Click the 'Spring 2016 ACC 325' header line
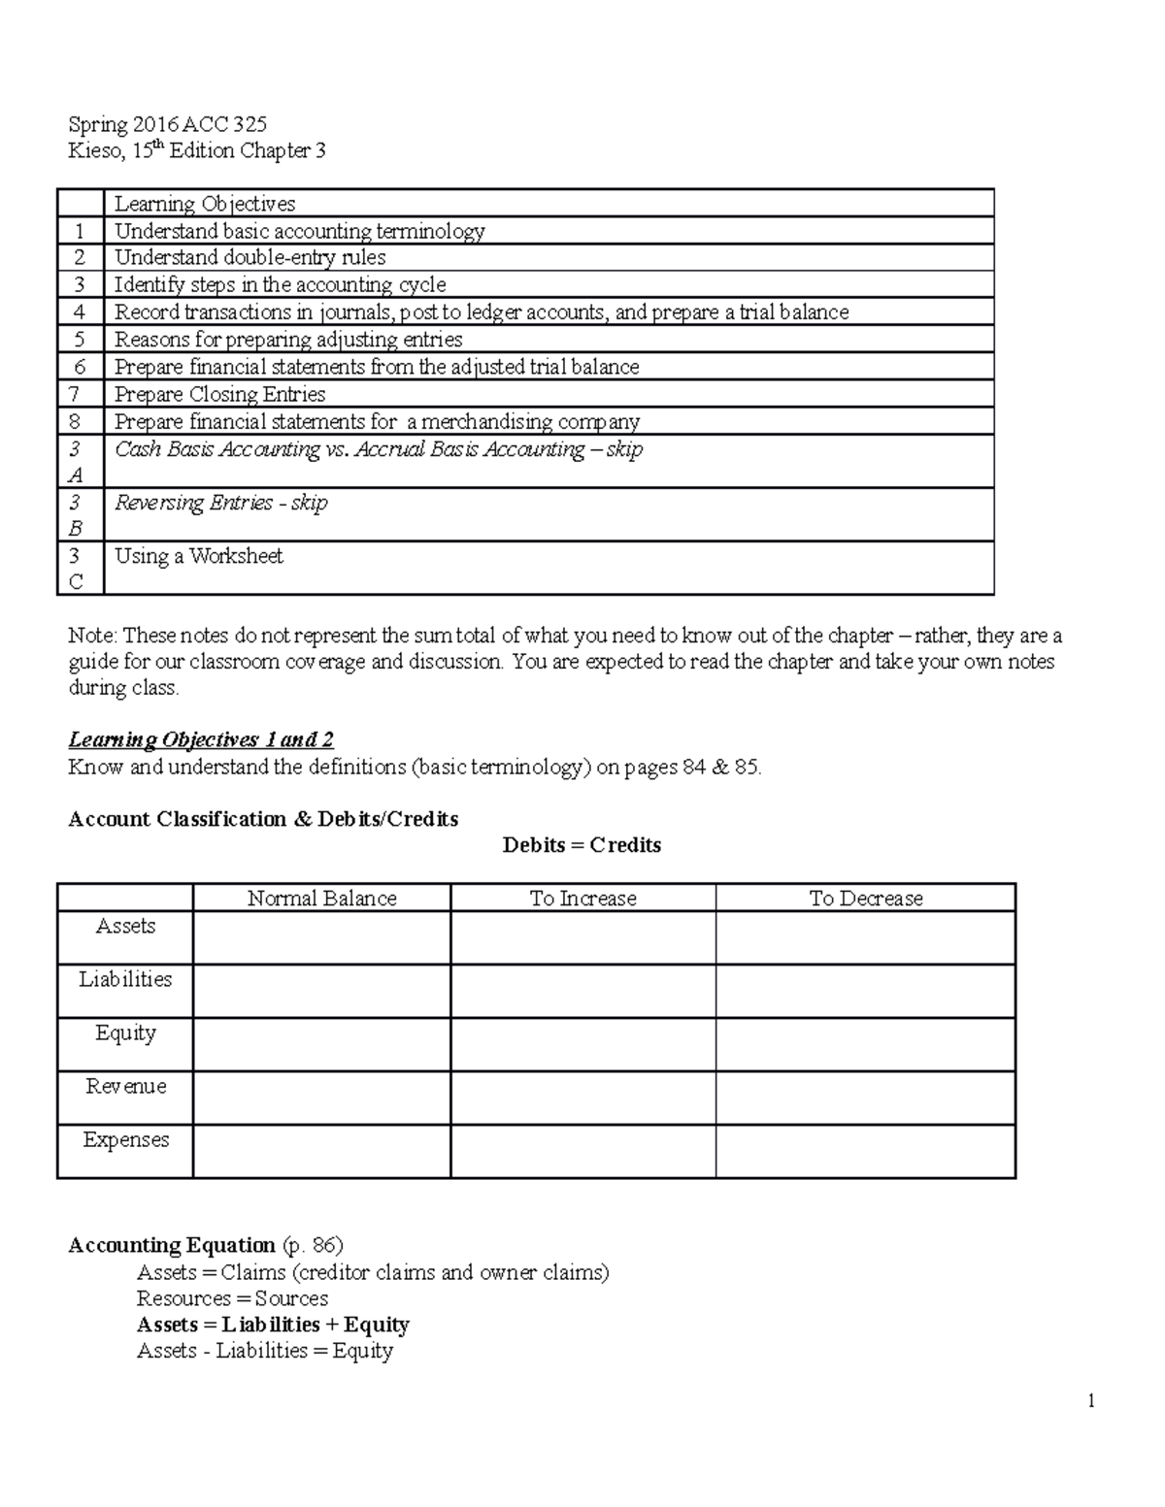pos(167,124)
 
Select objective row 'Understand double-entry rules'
pos(250,257)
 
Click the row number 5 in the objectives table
pos(80,340)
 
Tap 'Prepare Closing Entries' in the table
pos(219,394)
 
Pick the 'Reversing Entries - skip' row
pos(220,503)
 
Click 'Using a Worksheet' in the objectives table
pos(199,556)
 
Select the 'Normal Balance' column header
pos(321,899)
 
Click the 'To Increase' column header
pos(582,899)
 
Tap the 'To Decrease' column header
pos(865,899)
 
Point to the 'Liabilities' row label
pos(125,979)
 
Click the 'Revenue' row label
pos(125,1086)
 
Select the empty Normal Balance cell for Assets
pos(321,938)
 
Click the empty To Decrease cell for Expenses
pos(865,1152)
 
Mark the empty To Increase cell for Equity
pos(582,1045)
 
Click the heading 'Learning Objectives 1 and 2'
pos(201,739)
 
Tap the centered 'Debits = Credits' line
pos(582,845)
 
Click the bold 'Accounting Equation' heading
pos(172,1245)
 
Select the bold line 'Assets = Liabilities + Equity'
pos(273,1325)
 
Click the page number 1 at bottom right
pos(1091,1400)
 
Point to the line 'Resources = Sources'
pos(232,1298)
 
